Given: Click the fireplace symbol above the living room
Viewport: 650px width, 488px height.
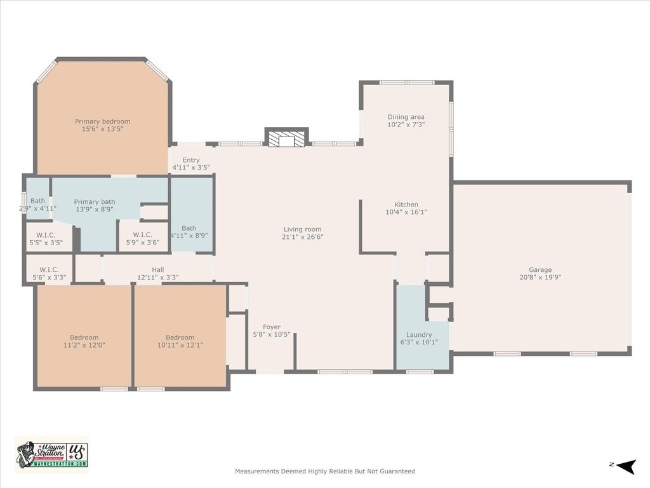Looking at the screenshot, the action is [x=286, y=137].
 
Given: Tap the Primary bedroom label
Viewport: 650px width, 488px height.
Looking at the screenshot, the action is [x=102, y=121].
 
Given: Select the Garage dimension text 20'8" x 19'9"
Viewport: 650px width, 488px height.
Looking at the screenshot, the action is [x=540, y=277].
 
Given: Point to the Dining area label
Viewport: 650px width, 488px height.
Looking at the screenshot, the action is [x=406, y=117].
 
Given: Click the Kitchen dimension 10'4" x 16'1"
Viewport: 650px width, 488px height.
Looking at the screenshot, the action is [x=406, y=212].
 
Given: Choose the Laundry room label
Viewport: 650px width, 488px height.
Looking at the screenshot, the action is [x=419, y=335].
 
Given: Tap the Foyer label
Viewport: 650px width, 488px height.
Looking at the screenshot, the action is [x=272, y=327].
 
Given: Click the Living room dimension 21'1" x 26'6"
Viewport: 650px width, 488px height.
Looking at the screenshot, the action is [x=303, y=237].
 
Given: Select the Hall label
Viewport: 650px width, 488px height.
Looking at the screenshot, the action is [x=158, y=269].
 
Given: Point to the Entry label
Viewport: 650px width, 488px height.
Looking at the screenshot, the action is [x=191, y=160].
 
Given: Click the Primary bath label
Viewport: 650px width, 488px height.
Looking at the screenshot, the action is [x=95, y=201].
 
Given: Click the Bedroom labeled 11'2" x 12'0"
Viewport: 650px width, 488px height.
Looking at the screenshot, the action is [x=84, y=337].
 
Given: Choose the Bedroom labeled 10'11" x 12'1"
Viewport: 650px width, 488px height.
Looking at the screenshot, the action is [x=180, y=337].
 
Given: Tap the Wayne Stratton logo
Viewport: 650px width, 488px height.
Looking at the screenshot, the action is [x=52, y=454].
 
